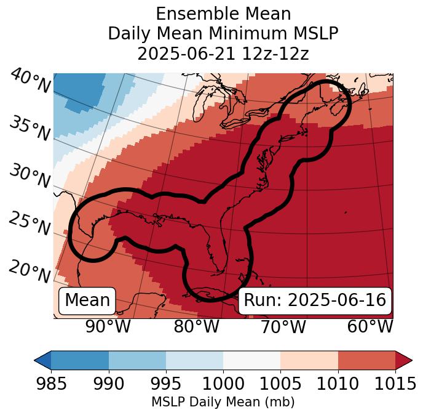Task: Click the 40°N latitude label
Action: coord(30,81)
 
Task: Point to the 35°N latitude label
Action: coord(30,128)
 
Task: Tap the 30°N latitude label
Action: coord(30,177)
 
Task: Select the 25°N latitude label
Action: coord(30,224)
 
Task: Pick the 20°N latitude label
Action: coord(30,271)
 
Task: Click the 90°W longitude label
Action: coord(108,326)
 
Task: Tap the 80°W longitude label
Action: coord(196,326)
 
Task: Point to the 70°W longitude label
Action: coord(283,326)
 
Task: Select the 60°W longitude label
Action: coord(370,326)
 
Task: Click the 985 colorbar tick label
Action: coord(51,384)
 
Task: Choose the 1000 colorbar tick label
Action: coord(223,384)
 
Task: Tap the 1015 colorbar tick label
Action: coord(395,384)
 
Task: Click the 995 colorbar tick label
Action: coord(165,384)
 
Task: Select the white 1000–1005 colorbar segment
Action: coord(251,360)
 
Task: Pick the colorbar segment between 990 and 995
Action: coord(137,360)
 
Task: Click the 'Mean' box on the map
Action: coord(87,300)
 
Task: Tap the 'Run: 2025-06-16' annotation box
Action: coord(315,300)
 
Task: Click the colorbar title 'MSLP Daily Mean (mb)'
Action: coord(223,402)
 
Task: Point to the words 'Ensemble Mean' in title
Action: coord(223,14)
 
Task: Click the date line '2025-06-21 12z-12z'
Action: coord(223,54)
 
